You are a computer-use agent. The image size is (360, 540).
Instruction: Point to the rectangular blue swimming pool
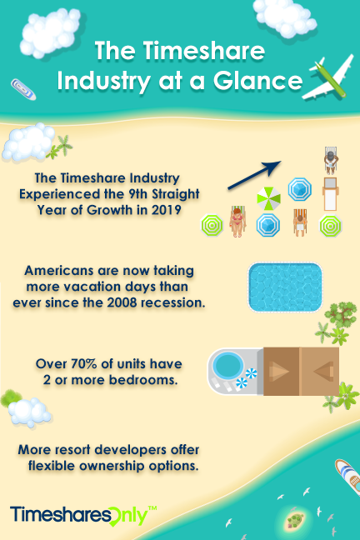coord(285,287)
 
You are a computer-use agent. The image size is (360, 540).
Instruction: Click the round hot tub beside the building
coord(226,365)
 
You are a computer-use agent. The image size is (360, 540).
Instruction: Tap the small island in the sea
coord(294,520)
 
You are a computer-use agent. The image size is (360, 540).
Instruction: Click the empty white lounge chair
coord(330,195)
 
